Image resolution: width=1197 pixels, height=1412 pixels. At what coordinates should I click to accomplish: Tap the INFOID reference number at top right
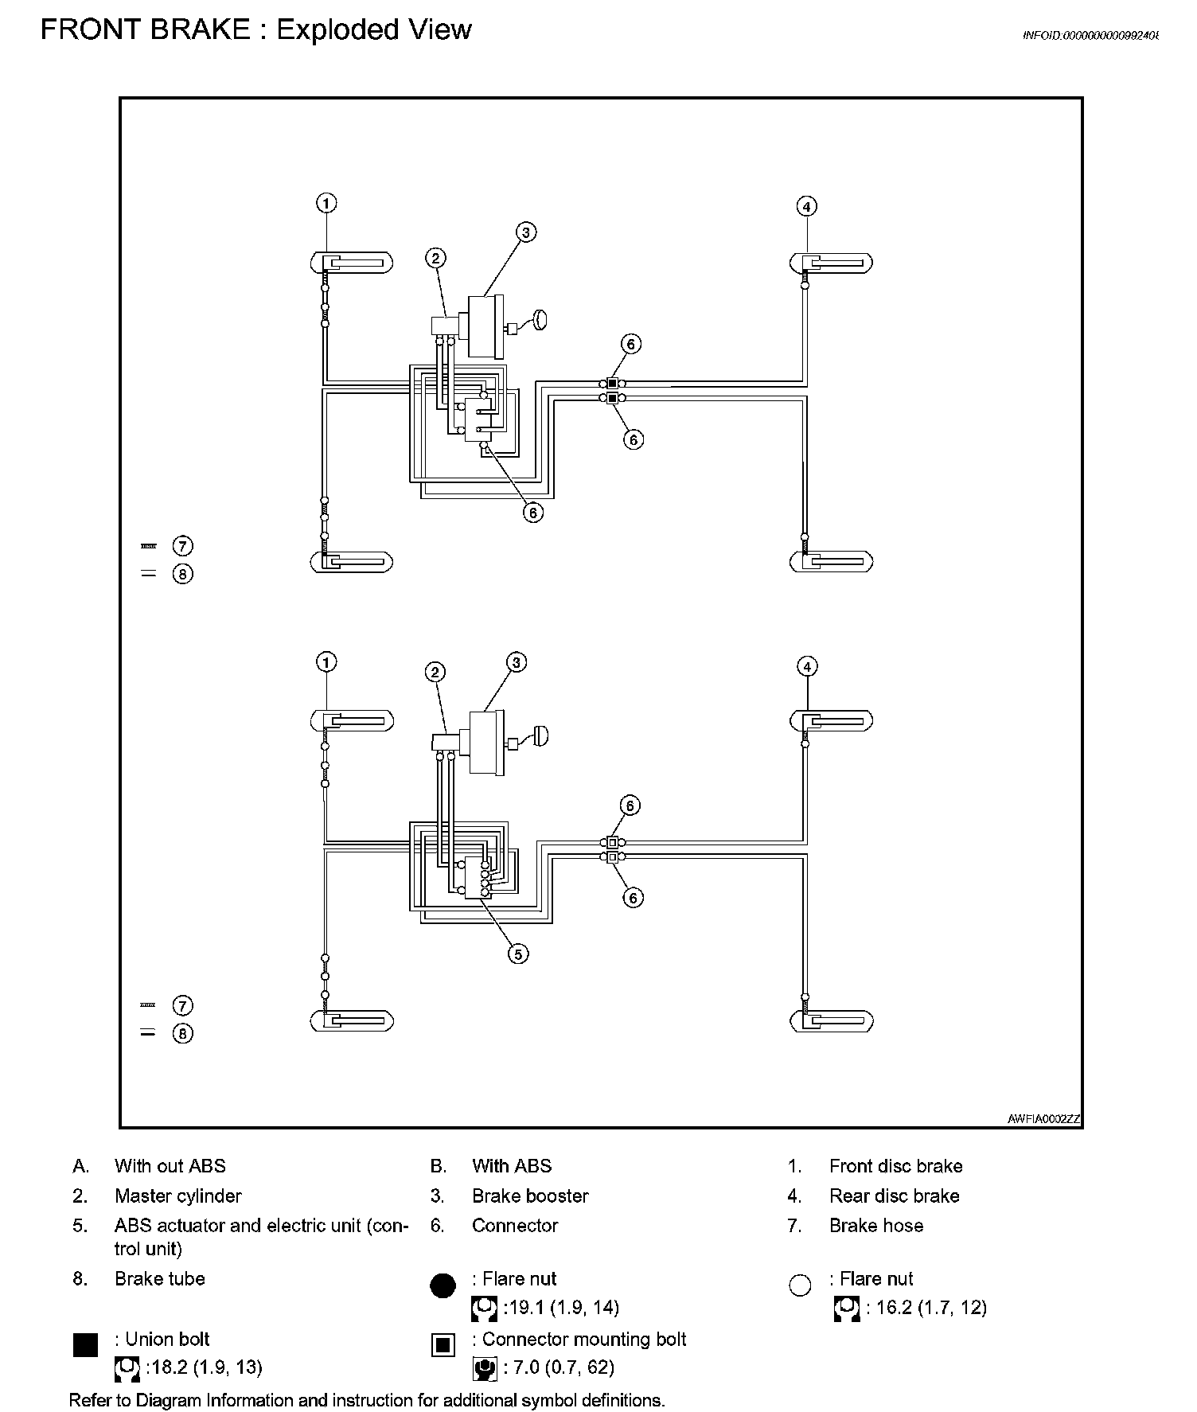coord(1090,36)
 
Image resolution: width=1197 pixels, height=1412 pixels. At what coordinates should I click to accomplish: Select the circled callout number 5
coord(518,954)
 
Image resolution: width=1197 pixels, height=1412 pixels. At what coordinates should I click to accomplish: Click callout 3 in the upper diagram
coord(525,232)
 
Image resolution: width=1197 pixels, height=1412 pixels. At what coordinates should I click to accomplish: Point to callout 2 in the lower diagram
coord(435,673)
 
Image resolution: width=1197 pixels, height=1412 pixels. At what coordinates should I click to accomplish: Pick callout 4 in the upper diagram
coord(807,207)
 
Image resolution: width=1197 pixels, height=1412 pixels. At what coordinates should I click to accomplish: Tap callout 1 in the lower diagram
coord(326,662)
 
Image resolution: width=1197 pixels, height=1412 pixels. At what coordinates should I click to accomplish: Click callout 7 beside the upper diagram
coord(183,546)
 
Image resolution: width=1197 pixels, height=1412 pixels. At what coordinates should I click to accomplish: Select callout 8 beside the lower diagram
coord(183,1033)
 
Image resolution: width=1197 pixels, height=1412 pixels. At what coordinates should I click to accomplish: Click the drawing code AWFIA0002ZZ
coord(1043,1118)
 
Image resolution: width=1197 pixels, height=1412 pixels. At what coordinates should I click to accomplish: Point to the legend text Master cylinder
coord(177,1196)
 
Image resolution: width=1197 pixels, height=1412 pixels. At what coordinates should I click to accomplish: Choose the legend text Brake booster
coord(530,1196)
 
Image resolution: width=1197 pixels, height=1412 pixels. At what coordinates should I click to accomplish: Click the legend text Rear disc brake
coord(894,1196)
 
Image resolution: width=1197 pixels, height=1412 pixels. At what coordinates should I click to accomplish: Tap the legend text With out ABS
coord(170,1166)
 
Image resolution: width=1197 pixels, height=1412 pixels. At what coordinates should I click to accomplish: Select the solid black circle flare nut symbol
coord(443,1285)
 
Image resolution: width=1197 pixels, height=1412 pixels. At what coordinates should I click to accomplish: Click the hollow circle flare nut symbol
coord(800,1285)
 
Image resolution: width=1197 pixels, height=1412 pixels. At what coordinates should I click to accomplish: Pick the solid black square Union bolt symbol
coord(85,1345)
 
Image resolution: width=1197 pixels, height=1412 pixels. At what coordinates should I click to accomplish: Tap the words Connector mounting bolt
coord(584,1339)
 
